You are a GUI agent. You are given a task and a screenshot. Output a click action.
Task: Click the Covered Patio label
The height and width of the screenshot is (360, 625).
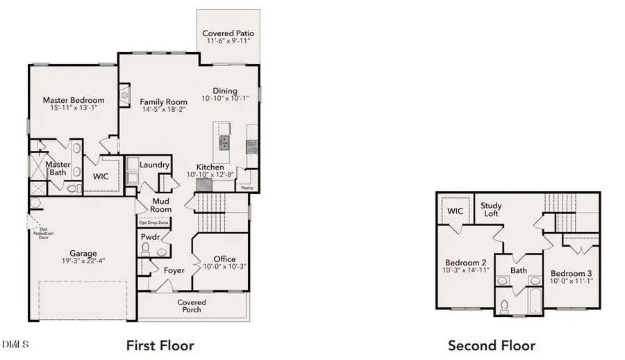228,33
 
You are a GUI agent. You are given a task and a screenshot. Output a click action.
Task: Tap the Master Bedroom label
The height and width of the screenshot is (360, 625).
74,100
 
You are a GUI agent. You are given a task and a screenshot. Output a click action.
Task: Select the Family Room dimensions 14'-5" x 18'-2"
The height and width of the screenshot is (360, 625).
165,110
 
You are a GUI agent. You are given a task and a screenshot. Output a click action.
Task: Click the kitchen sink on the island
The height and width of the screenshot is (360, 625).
225,143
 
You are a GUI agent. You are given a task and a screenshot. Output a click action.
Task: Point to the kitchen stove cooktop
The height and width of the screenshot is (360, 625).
252,146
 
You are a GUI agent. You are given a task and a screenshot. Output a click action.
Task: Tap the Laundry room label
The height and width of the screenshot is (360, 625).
154,165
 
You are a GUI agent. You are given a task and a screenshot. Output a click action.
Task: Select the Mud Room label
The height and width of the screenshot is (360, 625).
162,204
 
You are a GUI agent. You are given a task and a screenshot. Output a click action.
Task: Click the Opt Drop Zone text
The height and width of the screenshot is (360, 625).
154,223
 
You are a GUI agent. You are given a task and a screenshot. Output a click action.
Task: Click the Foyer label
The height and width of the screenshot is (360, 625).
174,270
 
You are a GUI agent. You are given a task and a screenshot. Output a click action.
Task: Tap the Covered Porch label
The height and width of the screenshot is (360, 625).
192,306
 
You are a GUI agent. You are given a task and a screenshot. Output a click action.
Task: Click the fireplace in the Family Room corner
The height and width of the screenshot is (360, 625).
124,95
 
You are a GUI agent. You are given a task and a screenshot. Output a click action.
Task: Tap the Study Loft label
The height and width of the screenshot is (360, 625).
491,210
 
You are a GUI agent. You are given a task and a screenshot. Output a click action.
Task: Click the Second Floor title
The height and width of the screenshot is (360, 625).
491,345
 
